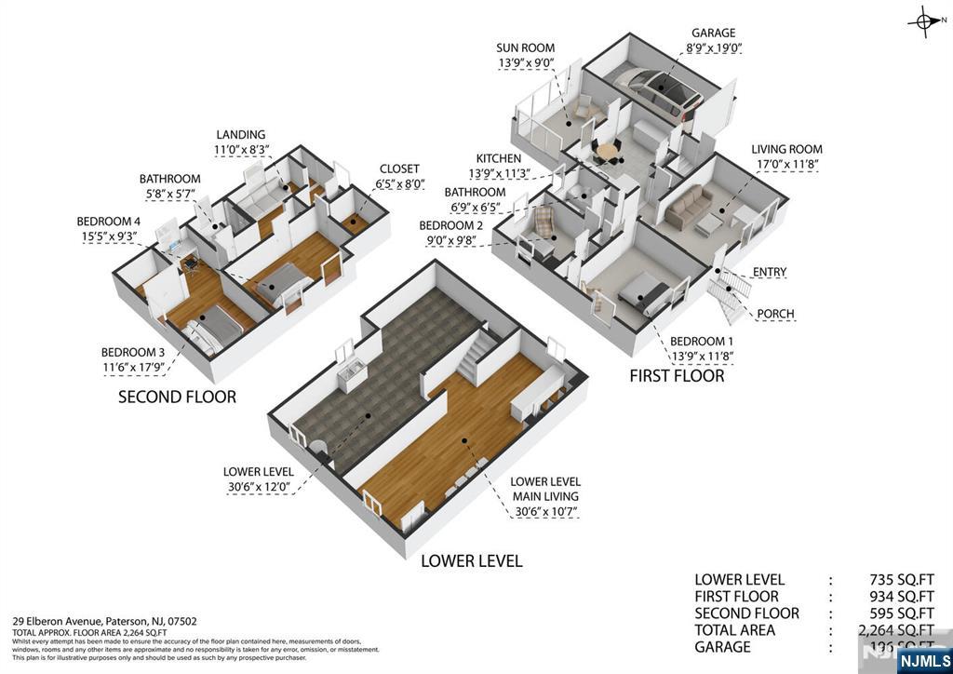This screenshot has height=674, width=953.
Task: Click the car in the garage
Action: click(x=663, y=87)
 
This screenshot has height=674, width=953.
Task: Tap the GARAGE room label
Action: click(x=713, y=34)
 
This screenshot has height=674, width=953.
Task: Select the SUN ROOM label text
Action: click(x=525, y=48)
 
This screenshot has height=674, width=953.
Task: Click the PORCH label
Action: click(x=775, y=314)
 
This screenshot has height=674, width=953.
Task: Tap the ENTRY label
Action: click(x=770, y=273)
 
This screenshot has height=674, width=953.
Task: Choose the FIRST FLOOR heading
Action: click(x=677, y=376)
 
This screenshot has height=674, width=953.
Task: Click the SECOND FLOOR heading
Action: click(x=177, y=397)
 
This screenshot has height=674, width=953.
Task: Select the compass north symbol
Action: click(x=925, y=21)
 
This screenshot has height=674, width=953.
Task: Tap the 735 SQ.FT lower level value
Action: click(x=900, y=580)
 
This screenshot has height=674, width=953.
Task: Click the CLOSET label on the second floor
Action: click(x=400, y=169)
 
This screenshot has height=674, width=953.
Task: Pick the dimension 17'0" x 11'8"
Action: click(x=786, y=165)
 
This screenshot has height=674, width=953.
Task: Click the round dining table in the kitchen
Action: click(x=607, y=149)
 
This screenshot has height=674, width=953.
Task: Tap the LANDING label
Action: click(x=240, y=135)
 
